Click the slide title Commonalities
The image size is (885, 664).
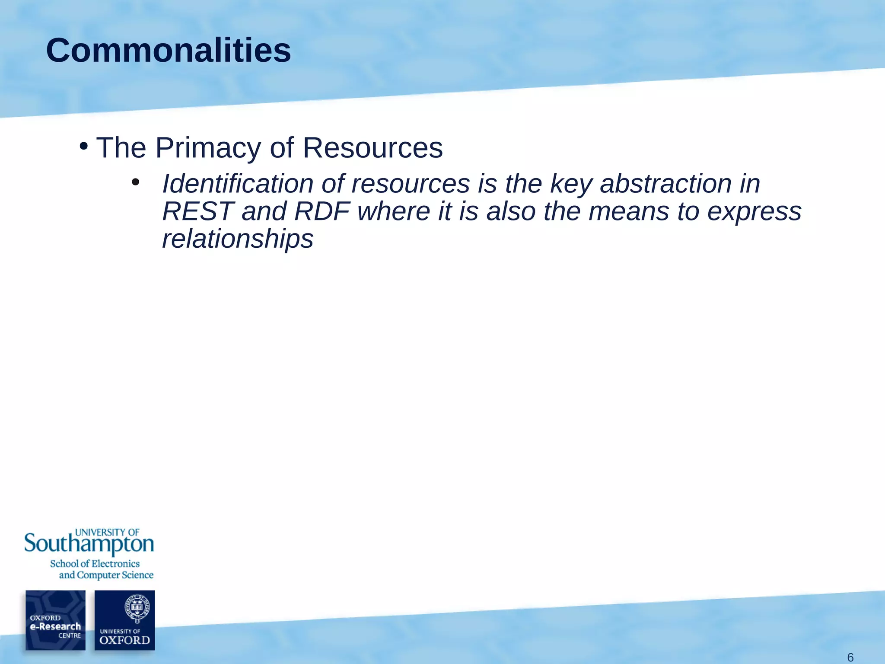click(169, 51)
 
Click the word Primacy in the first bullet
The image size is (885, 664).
click(208, 148)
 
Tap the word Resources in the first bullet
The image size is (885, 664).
click(372, 148)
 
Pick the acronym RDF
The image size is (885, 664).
click(322, 211)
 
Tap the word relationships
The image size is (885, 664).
click(238, 239)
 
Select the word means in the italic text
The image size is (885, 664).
click(629, 212)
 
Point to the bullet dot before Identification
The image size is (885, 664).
click(136, 183)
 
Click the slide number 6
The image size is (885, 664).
click(850, 658)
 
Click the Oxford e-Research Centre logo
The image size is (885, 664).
click(55, 620)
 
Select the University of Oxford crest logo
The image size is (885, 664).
click(124, 620)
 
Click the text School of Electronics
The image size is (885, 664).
click(95, 564)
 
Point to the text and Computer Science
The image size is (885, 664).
click(106, 575)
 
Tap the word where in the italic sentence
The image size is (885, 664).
click(394, 211)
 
